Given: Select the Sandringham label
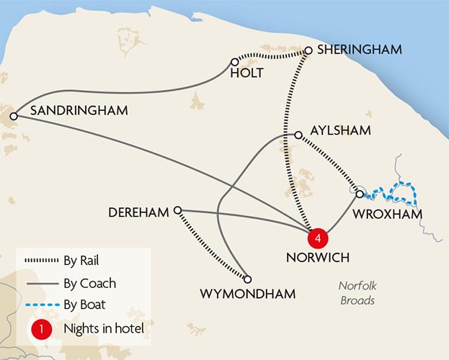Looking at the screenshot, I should pyautogui.click(x=79, y=111).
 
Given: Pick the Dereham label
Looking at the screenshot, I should pyautogui.click(x=138, y=212).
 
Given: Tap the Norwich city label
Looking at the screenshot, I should pyautogui.click(x=318, y=257).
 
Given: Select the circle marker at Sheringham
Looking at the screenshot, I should pyautogui.click(x=308, y=50).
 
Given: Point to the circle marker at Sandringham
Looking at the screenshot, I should pyautogui.click(x=12, y=116).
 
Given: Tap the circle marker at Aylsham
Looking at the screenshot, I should pyautogui.click(x=298, y=135).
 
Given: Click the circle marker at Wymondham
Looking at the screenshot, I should pyautogui.click(x=247, y=279).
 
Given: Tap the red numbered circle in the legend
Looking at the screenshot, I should pyautogui.click(x=43, y=329).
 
